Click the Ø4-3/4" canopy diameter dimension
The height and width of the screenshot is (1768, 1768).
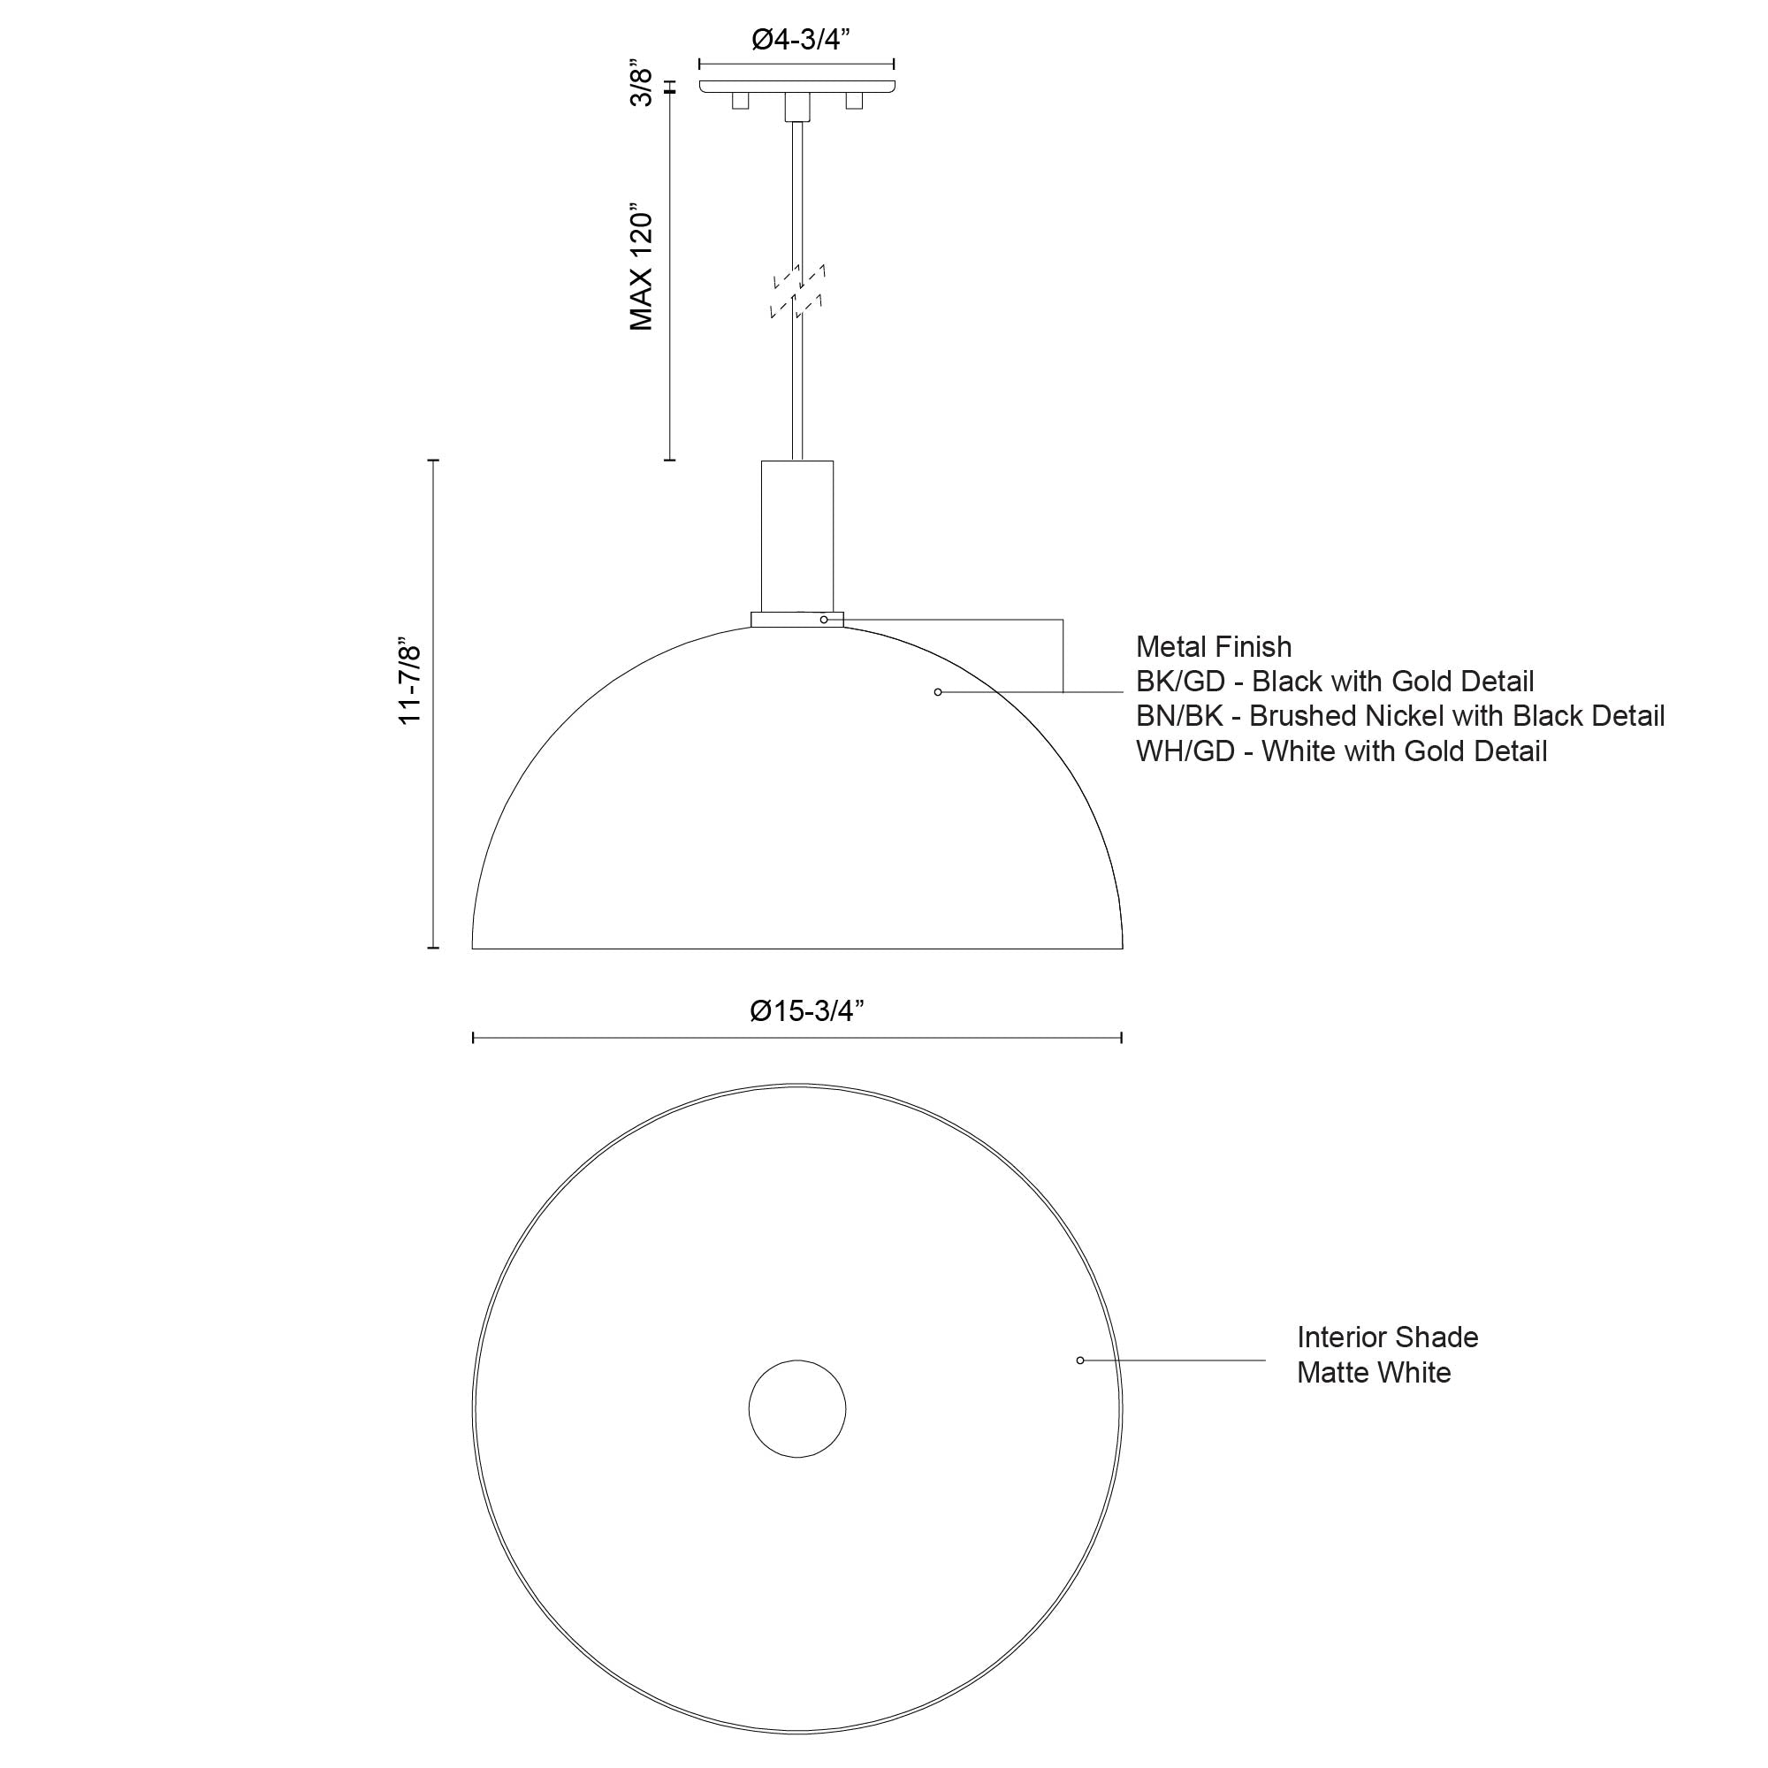coord(800,40)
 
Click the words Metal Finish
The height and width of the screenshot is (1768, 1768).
coord(1214,647)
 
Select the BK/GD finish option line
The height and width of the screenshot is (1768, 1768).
coord(1334,682)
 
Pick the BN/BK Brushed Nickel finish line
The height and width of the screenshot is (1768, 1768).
coord(1399,716)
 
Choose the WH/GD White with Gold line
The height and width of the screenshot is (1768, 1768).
coord(1341,751)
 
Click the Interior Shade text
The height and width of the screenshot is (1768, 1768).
coord(1386,1337)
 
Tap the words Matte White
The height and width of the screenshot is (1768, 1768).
coord(1373,1373)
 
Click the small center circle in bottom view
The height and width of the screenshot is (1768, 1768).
coord(797,1408)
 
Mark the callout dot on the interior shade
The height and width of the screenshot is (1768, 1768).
coord(1080,1360)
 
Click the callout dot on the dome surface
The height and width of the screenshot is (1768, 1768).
coord(937,692)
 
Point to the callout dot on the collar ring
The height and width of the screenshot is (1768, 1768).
coord(824,620)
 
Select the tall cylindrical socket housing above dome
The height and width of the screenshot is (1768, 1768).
coord(797,536)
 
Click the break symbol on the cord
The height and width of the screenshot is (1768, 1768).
coord(798,291)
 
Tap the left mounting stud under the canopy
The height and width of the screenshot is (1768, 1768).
coord(739,101)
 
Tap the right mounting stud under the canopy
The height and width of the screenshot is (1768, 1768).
coord(855,101)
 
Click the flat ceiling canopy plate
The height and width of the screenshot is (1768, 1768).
coord(797,86)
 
